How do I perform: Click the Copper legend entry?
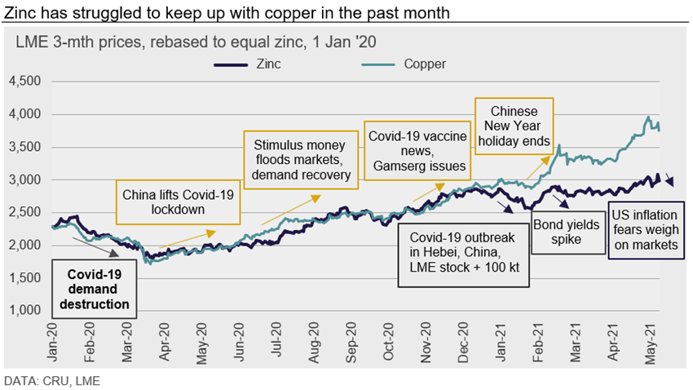point(425,64)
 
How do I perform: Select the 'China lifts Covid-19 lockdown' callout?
point(179,202)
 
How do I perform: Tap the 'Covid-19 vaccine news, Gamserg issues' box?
point(417,150)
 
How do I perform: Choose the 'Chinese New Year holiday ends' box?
point(514,126)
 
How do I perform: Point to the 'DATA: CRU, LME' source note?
point(52,380)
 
